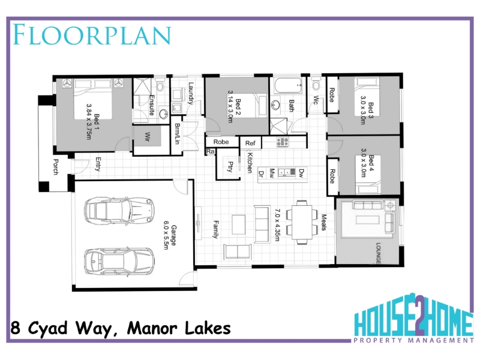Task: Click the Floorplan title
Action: coord(92,35)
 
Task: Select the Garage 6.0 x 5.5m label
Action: coord(170,235)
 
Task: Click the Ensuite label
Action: coord(152,105)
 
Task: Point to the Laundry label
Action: coord(190,93)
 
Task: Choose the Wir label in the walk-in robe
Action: coord(147,137)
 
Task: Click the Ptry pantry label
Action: coord(230,167)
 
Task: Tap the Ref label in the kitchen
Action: coord(250,143)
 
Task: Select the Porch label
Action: coord(56,167)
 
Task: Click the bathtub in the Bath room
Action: coord(289,86)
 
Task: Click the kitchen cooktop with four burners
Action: coord(282,142)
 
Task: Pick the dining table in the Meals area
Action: coord(302,222)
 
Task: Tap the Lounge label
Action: coord(379,253)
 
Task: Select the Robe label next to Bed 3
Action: coord(332,95)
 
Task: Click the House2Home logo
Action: coord(413,318)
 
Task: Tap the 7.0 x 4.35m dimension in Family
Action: coord(277,225)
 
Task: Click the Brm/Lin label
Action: coord(177,134)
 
